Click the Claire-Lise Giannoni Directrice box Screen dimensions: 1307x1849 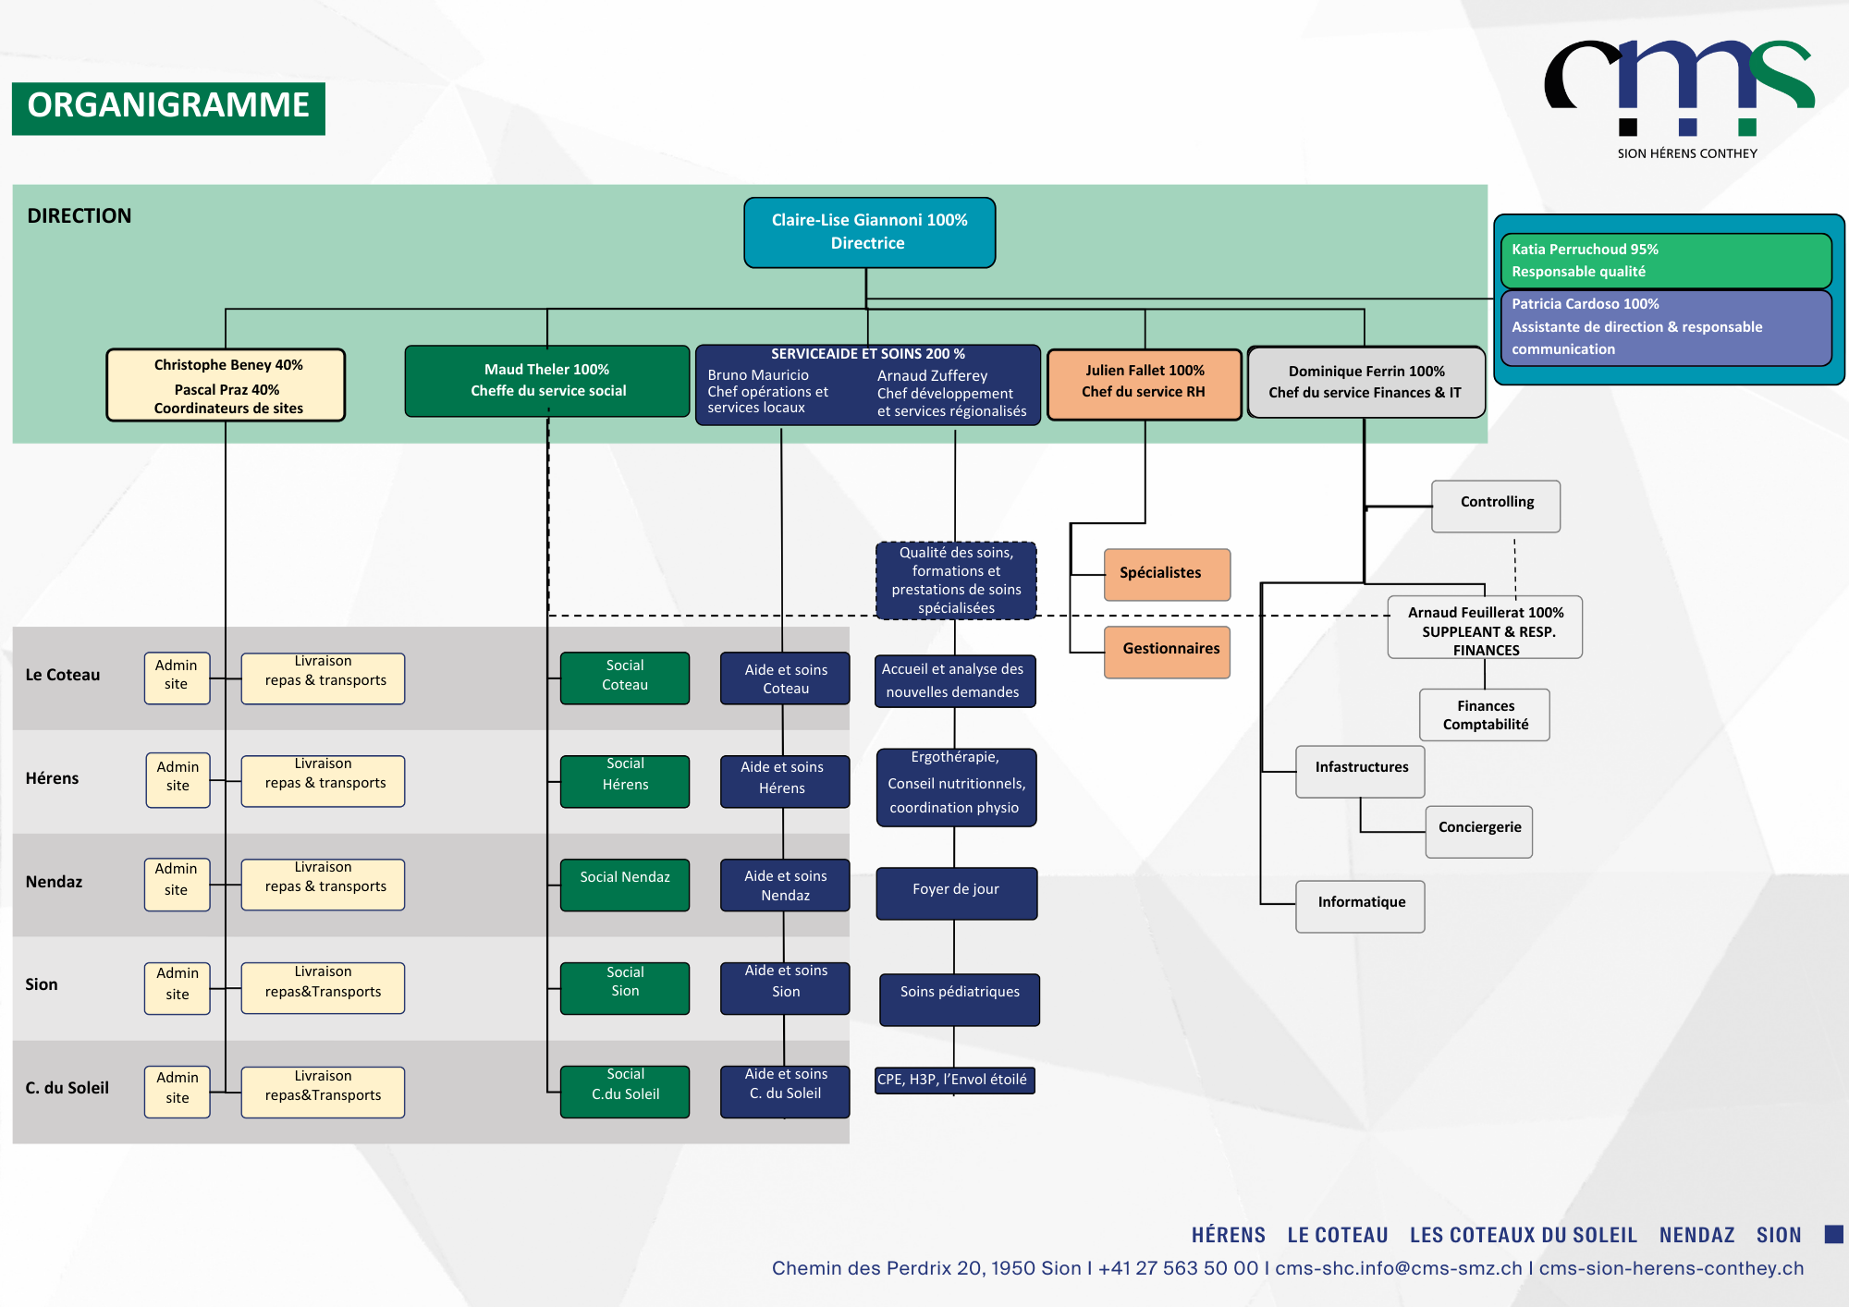point(869,232)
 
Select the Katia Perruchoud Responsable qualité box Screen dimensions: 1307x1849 point(1665,261)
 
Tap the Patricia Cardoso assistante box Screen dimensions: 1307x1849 point(1665,327)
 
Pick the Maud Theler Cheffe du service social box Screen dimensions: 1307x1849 point(547,381)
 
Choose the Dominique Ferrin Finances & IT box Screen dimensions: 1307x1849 point(1365,383)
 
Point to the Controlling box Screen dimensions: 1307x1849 point(1495,506)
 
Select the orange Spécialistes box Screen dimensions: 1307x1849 point(1166,574)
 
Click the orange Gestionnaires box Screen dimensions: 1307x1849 point(1166,651)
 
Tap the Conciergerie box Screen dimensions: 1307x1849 point(1478,831)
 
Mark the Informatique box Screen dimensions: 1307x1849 point(1360,906)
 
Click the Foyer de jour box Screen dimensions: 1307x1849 point(956,892)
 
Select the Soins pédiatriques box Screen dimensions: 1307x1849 point(959,998)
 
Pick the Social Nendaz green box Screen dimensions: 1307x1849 point(625,885)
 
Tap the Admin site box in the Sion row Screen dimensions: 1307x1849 point(177,987)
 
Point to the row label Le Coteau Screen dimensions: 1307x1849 point(63,675)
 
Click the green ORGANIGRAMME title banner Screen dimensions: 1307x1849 point(168,107)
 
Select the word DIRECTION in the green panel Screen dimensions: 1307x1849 point(80,216)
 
